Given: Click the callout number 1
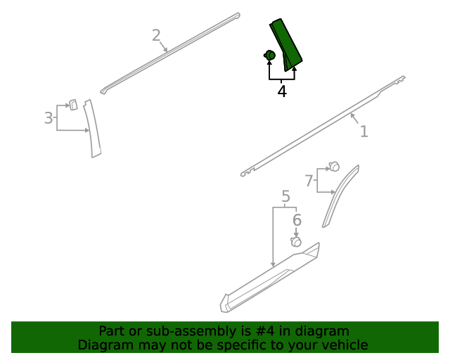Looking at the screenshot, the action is (364, 131).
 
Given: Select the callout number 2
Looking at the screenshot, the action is (156, 35).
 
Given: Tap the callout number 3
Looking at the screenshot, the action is (49, 118).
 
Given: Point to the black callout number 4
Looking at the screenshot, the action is (282, 91).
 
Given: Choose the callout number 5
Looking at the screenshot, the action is (286, 196).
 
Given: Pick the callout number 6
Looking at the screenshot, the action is (297, 220).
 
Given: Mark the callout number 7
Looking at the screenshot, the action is (309, 181).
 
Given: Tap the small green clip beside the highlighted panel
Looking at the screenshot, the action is (269, 55).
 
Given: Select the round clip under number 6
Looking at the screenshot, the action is (296, 242).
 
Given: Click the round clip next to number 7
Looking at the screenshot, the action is (334, 167).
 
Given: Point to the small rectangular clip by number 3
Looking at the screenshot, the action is (73, 105).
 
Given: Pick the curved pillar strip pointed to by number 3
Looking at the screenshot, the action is (93, 129).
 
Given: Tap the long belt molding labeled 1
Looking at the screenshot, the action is (323, 127).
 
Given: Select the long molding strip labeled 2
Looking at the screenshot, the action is (170, 53).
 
